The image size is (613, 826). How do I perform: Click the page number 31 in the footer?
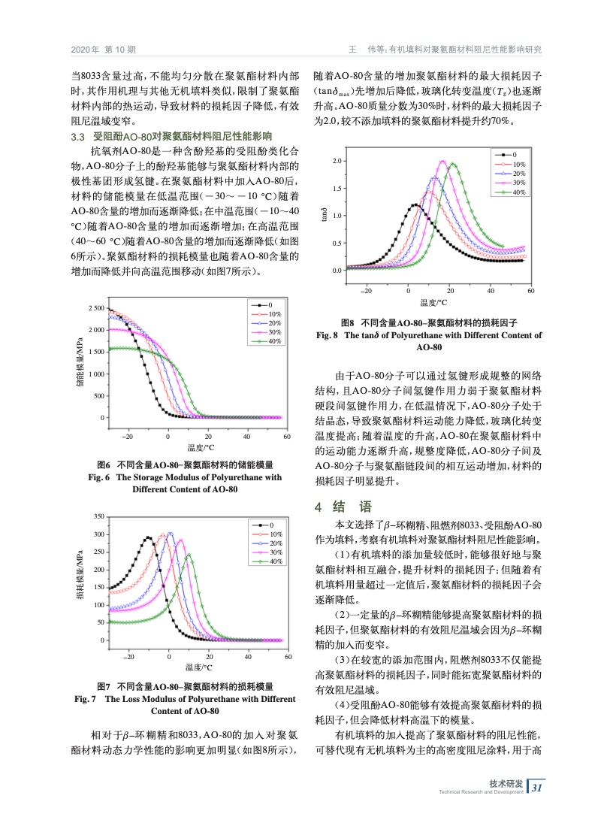(x=537, y=788)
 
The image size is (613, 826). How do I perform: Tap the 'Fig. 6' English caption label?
(x=98, y=477)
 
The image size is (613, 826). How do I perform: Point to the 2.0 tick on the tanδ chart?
(x=337, y=162)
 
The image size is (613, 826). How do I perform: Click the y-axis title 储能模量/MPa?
(x=80, y=363)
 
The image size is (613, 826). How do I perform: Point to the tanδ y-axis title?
(x=325, y=215)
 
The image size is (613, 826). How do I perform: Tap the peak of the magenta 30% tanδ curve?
(x=443, y=162)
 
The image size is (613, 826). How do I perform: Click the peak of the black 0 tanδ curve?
(x=414, y=204)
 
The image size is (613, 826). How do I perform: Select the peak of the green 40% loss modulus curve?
(x=189, y=555)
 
